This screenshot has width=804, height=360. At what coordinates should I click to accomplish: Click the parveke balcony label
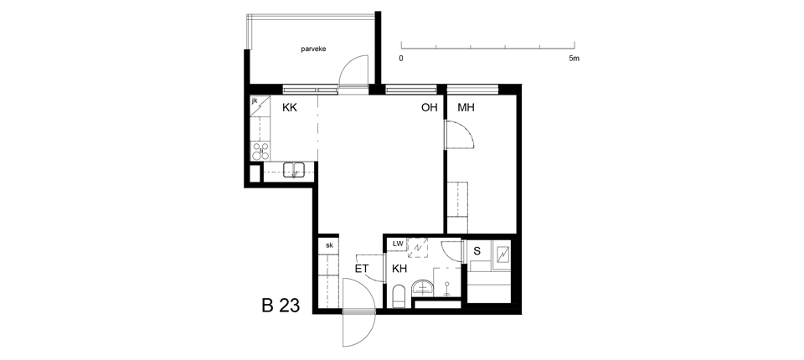(313, 49)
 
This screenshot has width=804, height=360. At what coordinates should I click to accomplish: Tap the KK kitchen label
(290, 108)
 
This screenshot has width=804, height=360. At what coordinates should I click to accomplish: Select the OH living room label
(429, 108)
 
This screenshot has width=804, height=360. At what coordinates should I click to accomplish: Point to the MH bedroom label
(466, 108)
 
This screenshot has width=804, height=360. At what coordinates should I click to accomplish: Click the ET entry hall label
(362, 269)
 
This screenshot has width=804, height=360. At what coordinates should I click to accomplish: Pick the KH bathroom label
(399, 269)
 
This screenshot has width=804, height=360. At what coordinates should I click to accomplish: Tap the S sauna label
(477, 251)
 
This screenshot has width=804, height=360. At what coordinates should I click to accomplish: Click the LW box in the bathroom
(398, 244)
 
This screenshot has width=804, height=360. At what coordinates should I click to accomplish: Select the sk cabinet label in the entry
(329, 245)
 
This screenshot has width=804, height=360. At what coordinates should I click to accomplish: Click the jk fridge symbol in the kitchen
(260, 106)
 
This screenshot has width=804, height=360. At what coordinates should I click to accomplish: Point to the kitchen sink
(294, 169)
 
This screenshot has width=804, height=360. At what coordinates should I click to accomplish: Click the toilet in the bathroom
(399, 297)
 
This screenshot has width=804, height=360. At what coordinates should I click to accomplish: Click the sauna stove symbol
(502, 254)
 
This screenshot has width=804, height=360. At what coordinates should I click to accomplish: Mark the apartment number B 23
(281, 306)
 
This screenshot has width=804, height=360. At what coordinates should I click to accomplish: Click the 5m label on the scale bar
(575, 59)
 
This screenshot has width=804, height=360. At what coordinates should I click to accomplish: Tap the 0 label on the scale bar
(401, 59)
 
